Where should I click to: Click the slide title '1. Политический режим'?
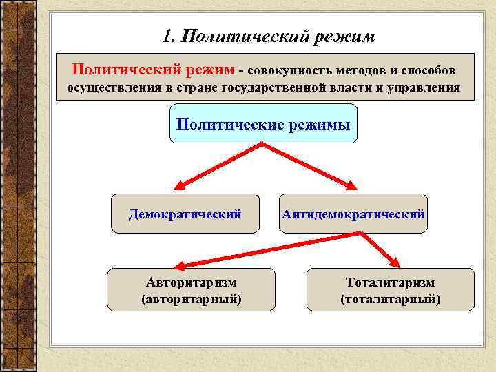(x=269, y=36)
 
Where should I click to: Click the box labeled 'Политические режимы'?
(x=263, y=123)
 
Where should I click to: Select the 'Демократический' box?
(x=185, y=214)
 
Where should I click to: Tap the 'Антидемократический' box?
(x=353, y=214)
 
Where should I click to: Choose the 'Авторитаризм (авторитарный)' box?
(x=191, y=290)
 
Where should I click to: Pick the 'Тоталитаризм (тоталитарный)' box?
(x=390, y=290)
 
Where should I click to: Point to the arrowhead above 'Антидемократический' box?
(x=351, y=185)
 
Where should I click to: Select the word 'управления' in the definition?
(x=428, y=88)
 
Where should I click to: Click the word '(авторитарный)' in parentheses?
(x=191, y=299)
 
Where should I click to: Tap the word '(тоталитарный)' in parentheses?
(x=390, y=299)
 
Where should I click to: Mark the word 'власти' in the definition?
(x=357, y=88)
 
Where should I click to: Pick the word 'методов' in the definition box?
(x=351, y=71)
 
